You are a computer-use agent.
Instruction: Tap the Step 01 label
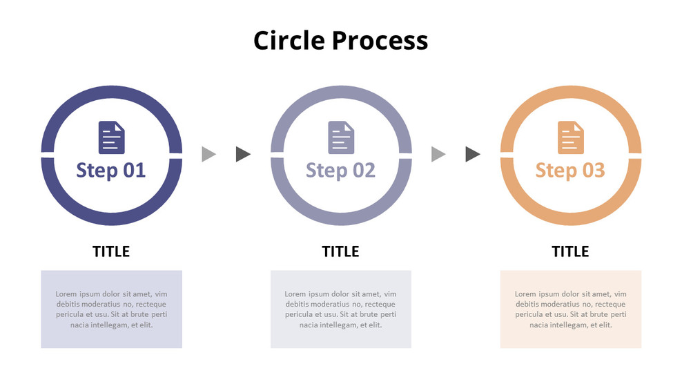pyautogui.click(x=111, y=170)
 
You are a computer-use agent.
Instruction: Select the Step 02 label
pyautogui.click(x=340, y=170)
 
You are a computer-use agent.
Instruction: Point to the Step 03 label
pyautogui.click(x=570, y=170)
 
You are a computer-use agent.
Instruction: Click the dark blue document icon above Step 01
pyautogui.click(x=112, y=137)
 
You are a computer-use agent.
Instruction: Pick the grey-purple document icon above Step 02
pyautogui.click(x=341, y=137)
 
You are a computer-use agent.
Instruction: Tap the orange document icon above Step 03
pyautogui.click(x=570, y=137)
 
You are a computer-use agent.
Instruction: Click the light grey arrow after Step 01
pyautogui.click(x=208, y=154)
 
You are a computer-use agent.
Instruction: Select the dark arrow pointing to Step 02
pyautogui.click(x=242, y=154)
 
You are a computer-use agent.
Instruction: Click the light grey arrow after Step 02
pyautogui.click(x=438, y=154)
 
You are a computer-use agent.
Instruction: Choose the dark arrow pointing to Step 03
pyautogui.click(x=472, y=154)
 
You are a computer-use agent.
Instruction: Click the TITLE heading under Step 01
pyautogui.click(x=111, y=251)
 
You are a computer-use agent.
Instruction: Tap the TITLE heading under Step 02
pyautogui.click(x=340, y=251)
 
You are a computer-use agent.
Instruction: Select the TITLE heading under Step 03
pyautogui.click(x=570, y=251)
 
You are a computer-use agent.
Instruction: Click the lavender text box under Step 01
pyautogui.click(x=111, y=309)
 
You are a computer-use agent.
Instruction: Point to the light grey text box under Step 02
pyautogui.click(x=340, y=309)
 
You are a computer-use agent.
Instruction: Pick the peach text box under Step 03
pyautogui.click(x=570, y=309)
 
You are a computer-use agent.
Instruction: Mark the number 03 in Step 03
pyautogui.click(x=594, y=170)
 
